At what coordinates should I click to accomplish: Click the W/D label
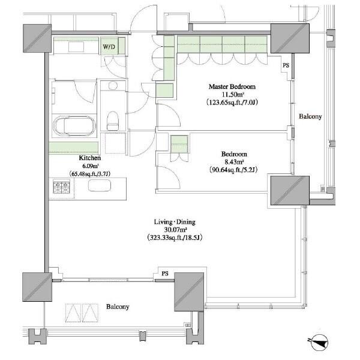coord(109,47)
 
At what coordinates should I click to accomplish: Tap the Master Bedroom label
coord(232,87)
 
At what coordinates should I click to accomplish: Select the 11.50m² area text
coord(233,94)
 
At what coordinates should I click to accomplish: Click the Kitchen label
coord(89,158)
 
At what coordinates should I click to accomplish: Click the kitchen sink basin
coord(100,185)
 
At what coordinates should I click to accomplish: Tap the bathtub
coord(74,126)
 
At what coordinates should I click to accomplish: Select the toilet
coord(113,121)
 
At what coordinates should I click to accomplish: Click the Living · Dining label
coord(175,222)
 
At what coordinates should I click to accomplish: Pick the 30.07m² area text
coord(175,229)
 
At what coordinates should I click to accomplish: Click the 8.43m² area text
coord(234,162)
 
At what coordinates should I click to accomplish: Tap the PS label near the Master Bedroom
coord(286,65)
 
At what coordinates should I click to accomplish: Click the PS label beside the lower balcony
coord(165,274)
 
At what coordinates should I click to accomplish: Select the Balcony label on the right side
coord(310,116)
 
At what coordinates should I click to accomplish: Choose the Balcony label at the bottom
coord(118,307)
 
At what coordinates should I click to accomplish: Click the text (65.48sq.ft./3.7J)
coord(90,174)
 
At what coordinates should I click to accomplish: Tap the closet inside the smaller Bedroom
coord(179,144)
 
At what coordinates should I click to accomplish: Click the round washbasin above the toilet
coord(113,86)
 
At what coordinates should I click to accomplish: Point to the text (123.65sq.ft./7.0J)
coord(232,102)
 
